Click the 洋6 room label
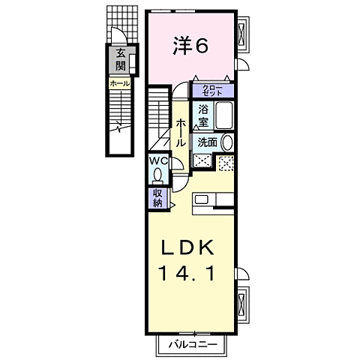coord(190,46)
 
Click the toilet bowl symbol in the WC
coord(157,175)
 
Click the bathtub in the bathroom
coord(224,117)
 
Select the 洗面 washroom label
coord(208,142)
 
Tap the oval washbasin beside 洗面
coord(228,142)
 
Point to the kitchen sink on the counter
coord(202,200)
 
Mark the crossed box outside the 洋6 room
coord(242,33)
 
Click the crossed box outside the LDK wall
coord(242,304)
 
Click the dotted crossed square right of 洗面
coord(226,160)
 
